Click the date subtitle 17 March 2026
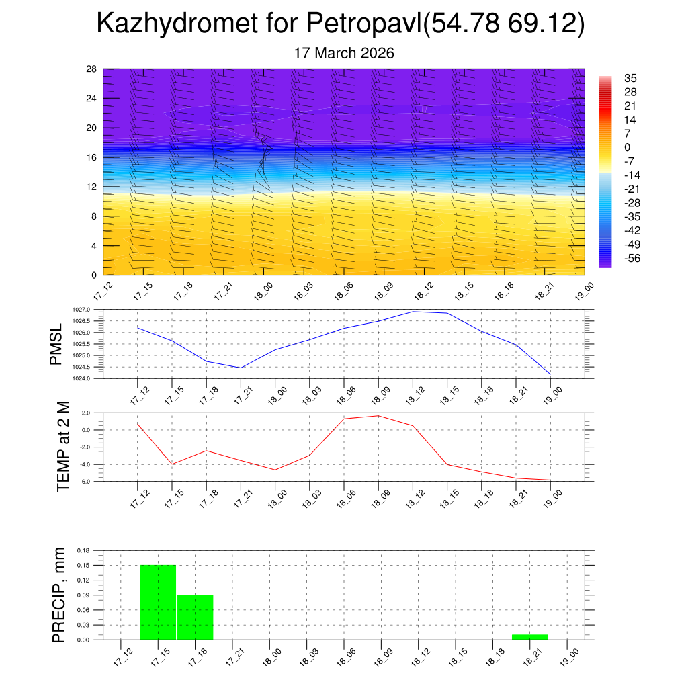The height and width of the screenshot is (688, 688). tap(344, 53)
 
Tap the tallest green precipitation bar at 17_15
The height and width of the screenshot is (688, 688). tap(158, 602)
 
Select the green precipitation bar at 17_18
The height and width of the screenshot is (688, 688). tap(195, 617)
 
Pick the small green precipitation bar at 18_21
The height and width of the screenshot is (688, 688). tap(529, 636)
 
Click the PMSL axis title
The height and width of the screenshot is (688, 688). tap(56, 344)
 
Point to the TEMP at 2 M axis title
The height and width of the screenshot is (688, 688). tap(63, 446)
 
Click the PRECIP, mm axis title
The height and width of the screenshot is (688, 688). tap(59, 595)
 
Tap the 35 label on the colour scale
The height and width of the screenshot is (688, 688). tap(630, 78)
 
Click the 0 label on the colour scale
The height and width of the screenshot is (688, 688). tap(628, 148)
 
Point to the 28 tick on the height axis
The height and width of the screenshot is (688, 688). tap(92, 69)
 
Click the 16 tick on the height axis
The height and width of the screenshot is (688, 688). tap(92, 157)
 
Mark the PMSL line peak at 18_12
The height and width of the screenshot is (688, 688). tap(413, 312)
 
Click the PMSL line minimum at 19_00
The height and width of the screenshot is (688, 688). tap(550, 374)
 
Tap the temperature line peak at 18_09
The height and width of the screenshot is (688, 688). tap(378, 416)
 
